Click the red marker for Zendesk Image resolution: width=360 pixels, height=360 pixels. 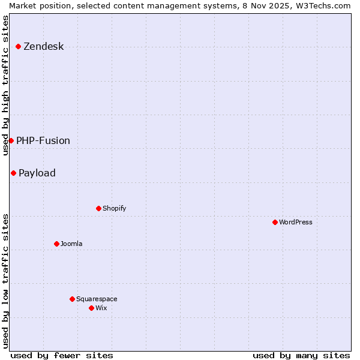click(19, 47)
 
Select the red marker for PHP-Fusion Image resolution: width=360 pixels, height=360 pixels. click(11, 140)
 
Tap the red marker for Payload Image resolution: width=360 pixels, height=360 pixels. click(13, 173)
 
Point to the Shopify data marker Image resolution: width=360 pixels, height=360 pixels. click(98, 209)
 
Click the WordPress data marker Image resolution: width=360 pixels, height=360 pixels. click(275, 222)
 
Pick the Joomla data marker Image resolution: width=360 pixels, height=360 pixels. click(56, 244)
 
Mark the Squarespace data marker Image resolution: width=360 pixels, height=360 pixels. click(72, 299)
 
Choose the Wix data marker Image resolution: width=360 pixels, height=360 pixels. click(91, 308)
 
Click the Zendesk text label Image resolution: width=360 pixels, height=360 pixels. click(43, 47)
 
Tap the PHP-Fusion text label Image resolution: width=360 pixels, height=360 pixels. click(43, 140)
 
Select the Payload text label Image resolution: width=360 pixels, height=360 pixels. click(37, 173)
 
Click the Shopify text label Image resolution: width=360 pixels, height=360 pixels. click(114, 209)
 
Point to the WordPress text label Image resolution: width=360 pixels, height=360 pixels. click(296, 222)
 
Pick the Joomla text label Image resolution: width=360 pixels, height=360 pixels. click(71, 244)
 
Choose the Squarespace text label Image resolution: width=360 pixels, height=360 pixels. click(97, 299)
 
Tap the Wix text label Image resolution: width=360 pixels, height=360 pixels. click(101, 308)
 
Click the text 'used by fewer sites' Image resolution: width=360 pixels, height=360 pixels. click(62, 355)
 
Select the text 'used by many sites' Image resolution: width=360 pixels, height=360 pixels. click(301, 355)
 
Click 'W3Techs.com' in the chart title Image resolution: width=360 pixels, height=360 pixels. click(326, 5)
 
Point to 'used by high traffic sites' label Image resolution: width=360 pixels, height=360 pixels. click(5, 85)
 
